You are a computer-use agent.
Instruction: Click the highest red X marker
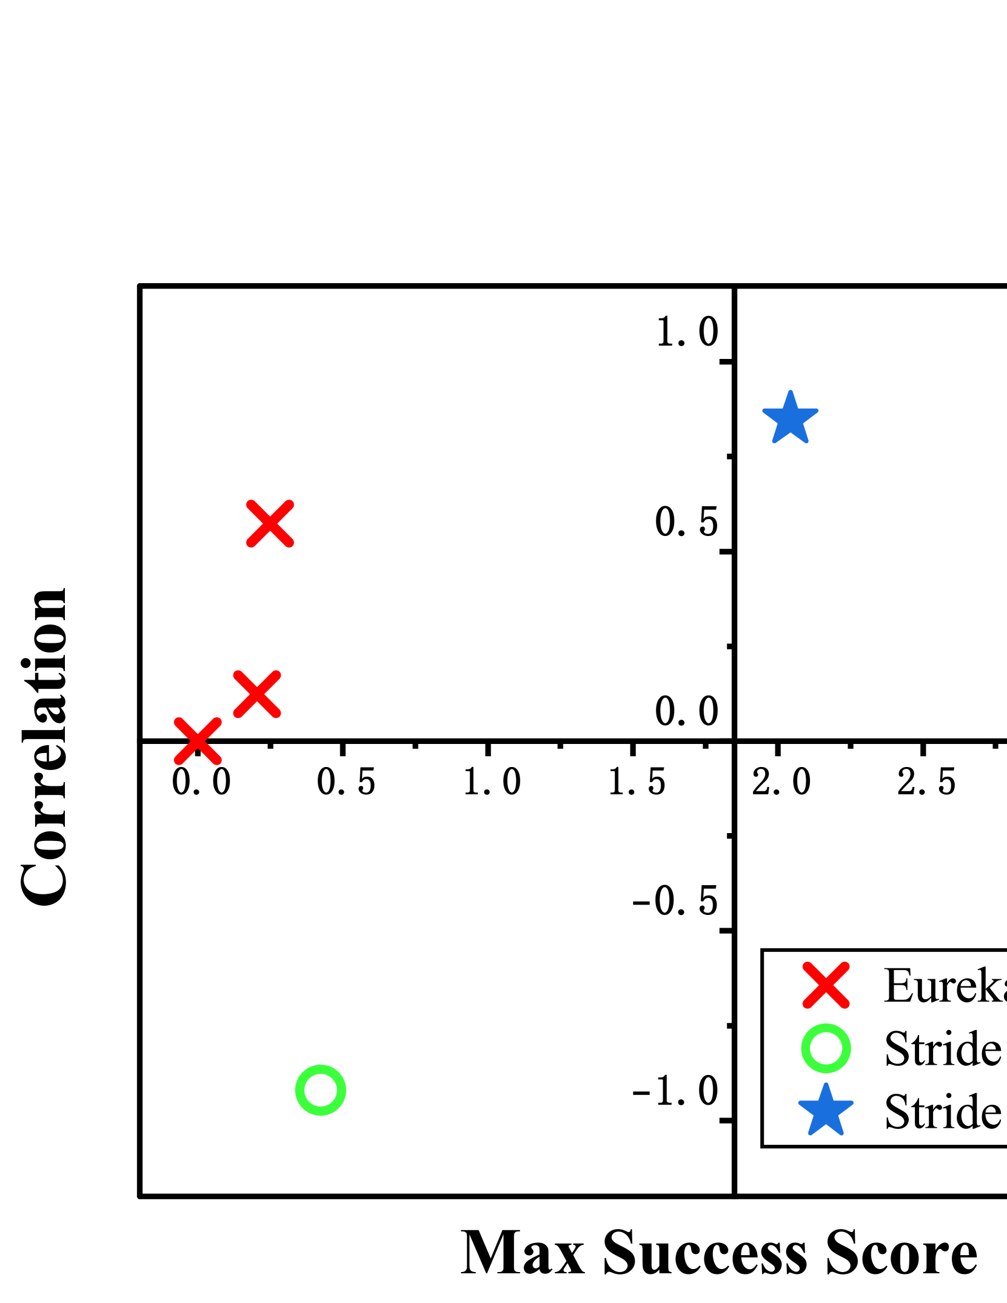click(x=270, y=524)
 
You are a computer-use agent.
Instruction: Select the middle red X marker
click(x=257, y=694)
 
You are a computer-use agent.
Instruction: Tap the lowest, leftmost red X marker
click(x=198, y=741)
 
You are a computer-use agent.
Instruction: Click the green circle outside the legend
click(x=321, y=1090)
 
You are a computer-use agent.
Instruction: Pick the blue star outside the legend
click(x=790, y=419)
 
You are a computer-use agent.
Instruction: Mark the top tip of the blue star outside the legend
click(x=790, y=393)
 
